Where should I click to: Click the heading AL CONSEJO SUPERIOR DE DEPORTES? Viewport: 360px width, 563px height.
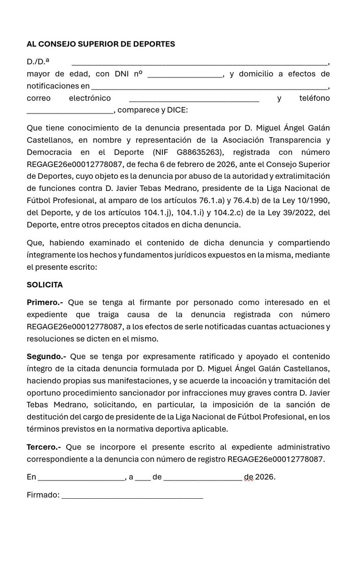[x=100, y=44]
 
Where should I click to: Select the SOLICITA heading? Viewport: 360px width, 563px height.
[x=45, y=285]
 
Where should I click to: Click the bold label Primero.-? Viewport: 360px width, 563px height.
[x=45, y=303]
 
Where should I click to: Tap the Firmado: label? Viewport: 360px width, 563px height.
[x=43, y=495]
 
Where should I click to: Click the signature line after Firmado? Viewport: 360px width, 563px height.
[x=132, y=496]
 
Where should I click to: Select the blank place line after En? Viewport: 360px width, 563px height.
[x=81, y=478]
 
